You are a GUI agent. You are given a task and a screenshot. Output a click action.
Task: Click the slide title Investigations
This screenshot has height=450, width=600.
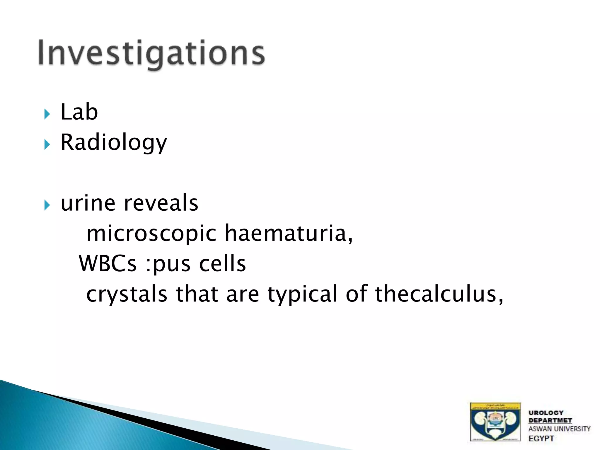151,53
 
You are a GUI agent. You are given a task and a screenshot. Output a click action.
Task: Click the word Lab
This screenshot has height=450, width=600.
79,112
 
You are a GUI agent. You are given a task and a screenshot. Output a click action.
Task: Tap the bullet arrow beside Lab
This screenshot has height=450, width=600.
47,114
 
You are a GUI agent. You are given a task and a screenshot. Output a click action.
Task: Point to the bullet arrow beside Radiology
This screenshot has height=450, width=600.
47,144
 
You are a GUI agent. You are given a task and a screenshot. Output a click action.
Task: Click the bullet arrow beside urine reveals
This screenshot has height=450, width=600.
47,205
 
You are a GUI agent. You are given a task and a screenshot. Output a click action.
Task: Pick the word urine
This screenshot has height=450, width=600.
88,203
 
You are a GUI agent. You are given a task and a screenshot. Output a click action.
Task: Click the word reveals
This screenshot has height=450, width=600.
161,203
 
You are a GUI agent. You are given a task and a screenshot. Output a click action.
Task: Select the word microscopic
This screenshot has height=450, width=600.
151,233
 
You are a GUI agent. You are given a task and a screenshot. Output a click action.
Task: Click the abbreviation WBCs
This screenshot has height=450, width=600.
108,263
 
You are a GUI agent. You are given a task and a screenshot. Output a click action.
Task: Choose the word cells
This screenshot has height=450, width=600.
222,263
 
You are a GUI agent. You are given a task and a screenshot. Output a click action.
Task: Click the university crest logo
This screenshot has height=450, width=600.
495,422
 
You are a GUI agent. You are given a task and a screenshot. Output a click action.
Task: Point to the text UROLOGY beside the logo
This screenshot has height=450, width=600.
546,413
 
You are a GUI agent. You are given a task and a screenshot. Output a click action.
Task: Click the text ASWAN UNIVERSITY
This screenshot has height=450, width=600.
559,429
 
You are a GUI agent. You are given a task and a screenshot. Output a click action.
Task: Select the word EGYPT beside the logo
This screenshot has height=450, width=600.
541,439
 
